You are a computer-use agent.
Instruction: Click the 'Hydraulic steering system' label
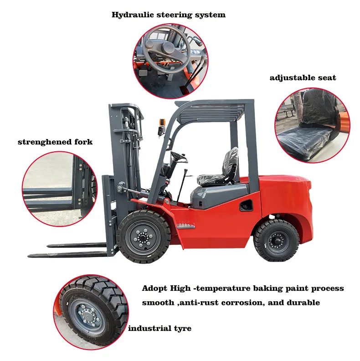tap(169, 15)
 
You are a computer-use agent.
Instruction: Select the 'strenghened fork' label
tap(55, 142)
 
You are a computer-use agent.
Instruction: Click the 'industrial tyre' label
tap(159, 328)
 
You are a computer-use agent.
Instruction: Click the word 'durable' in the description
tap(304, 303)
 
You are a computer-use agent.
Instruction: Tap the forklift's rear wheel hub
tap(276, 240)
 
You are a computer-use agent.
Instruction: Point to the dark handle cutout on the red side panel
tap(247, 206)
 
